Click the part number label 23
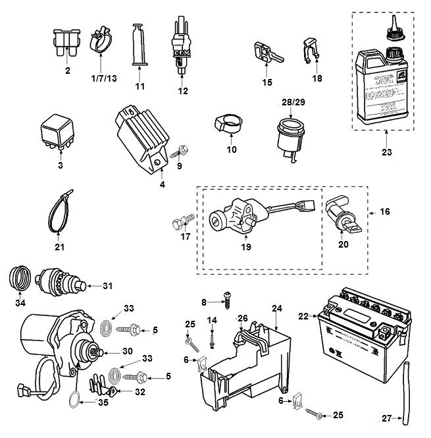pyautogui.click(x=386, y=152)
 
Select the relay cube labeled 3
pyautogui.click(x=60, y=134)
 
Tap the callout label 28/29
pyautogui.click(x=290, y=103)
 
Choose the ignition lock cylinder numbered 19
pyautogui.click(x=230, y=217)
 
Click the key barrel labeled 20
pyautogui.click(x=342, y=217)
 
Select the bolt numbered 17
pyautogui.click(x=183, y=222)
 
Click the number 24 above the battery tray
pyautogui.click(x=276, y=308)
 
